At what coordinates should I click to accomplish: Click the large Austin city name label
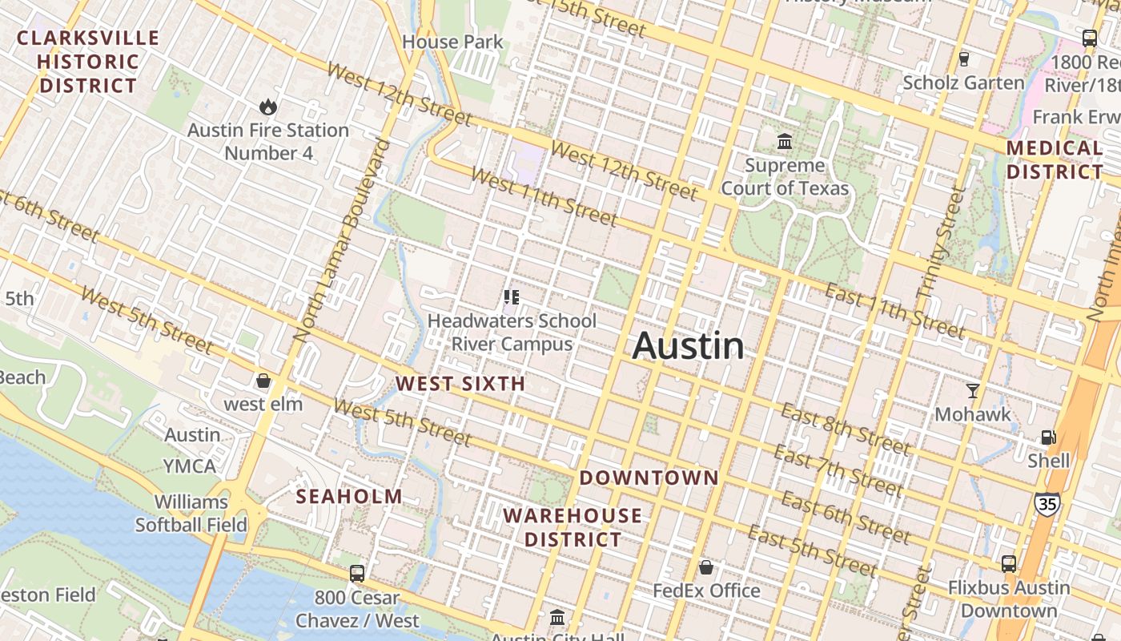(688, 345)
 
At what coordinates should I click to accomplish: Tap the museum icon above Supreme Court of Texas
(785, 142)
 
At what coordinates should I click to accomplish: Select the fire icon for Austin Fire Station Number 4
(267, 107)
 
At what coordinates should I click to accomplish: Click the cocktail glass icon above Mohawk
(973, 391)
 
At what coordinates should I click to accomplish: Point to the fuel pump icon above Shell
(1048, 437)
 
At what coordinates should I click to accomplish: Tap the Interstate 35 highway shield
(1047, 503)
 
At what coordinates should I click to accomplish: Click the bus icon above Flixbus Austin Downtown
(1008, 564)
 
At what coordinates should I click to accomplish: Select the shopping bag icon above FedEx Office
(705, 568)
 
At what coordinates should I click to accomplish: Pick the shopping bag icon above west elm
(263, 381)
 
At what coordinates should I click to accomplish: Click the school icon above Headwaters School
(512, 298)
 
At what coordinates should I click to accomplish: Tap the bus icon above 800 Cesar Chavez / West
(357, 574)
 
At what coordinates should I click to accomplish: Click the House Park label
(452, 42)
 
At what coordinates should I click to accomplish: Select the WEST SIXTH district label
(460, 384)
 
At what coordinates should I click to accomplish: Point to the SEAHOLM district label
(349, 497)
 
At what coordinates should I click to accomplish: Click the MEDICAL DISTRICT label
(1055, 159)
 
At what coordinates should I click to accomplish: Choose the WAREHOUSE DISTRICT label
(573, 527)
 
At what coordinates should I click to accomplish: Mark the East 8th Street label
(845, 430)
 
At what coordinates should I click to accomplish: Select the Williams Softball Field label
(191, 514)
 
